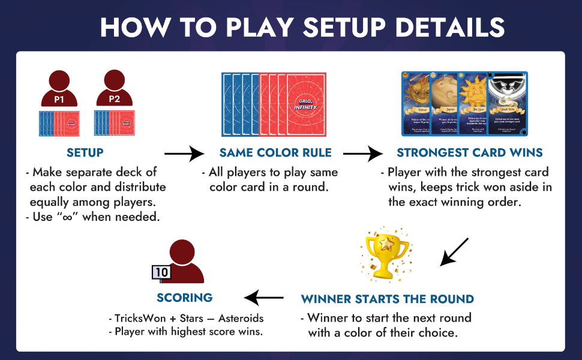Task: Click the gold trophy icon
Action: (386, 254)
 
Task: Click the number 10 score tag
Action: (161, 272)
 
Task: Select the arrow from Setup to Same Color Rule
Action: (184, 154)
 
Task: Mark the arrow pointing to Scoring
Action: (264, 297)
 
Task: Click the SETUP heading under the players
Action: (85, 153)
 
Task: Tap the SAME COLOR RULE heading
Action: (275, 153)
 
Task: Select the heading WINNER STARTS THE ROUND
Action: (388, 299)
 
